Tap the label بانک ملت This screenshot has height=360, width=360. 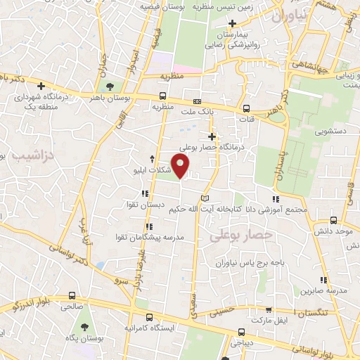tap(196, 111)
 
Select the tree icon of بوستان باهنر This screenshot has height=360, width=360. tap(109, 86)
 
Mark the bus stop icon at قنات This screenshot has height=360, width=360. tap(247, 109)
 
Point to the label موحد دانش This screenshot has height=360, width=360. tap(333, 231)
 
